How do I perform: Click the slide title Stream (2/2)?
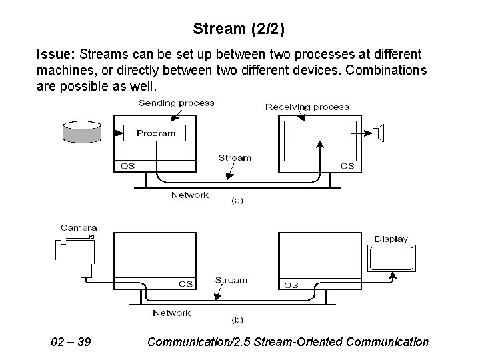pos(240,29)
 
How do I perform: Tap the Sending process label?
pos(177,103)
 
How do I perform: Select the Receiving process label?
pos(307,106)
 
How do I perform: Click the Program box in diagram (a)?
pos(156,133)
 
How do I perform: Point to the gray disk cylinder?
pos(81,131)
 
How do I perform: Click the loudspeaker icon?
pos(379,133)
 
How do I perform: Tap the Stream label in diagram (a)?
pos(235,158)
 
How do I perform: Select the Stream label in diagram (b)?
pos(231,281)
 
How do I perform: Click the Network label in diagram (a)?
pos(189,195)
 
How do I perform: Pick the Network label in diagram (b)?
pos(171,313)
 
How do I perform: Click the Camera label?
pos(79,228)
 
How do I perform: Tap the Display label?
pos(391,239)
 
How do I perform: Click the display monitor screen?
pos(391,259)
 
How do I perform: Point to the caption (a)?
pos(237,199)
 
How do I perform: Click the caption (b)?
pos(237,320)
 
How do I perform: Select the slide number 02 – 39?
pos(71,342)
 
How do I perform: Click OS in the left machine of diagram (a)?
pos(127,166)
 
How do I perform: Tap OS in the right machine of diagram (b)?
pos(291,285)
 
